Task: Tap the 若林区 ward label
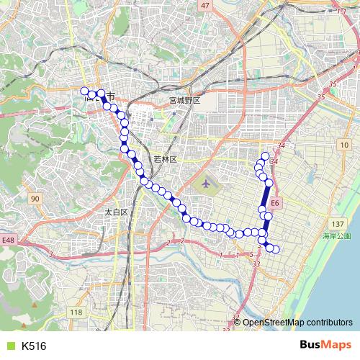165,158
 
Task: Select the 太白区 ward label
116,212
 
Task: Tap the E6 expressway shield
276,204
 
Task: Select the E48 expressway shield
8,240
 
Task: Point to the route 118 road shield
76,312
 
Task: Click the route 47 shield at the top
206,6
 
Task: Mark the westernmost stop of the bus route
84,91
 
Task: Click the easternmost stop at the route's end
275,249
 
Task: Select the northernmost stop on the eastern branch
265,156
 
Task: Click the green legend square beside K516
8,346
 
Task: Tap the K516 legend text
34,346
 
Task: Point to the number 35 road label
333,85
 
